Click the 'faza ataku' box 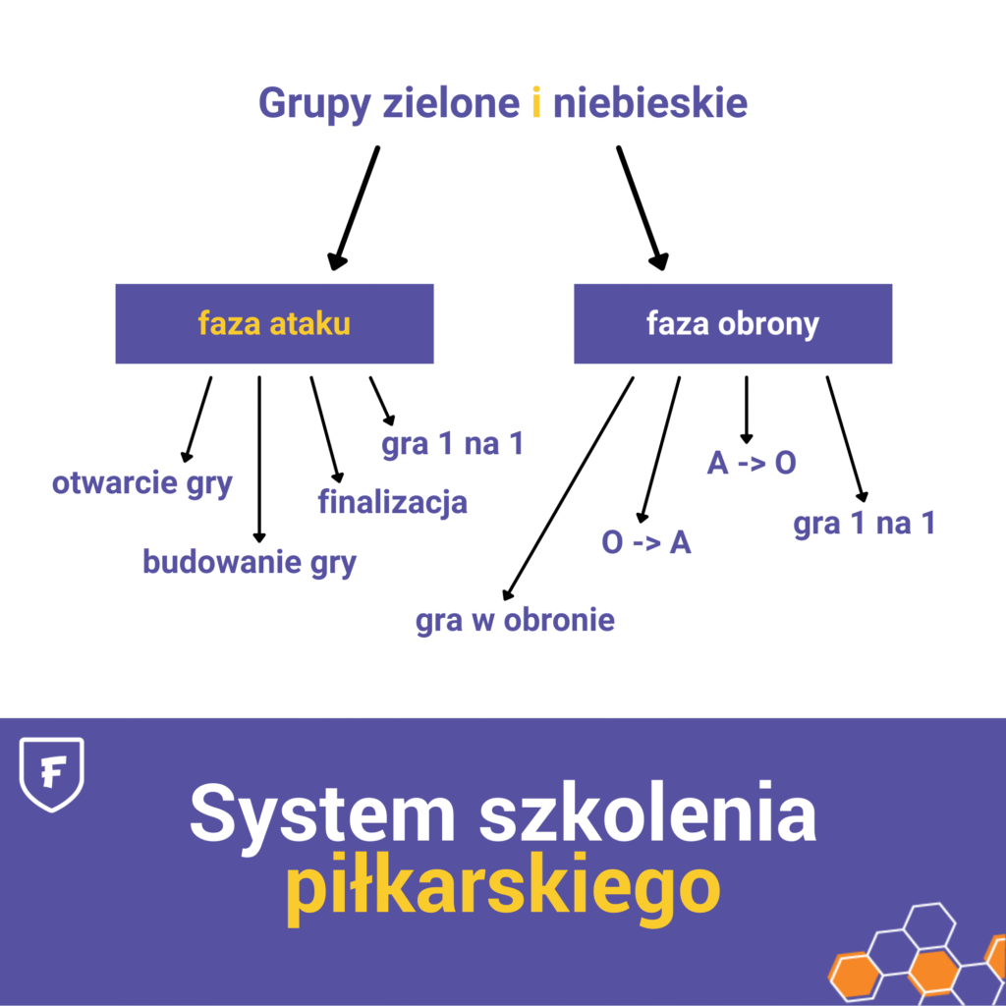pyautogui.click(x=274, y=324)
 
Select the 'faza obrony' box pyautogui.click(x=733, y=324)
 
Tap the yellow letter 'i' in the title pyautogui.click(x=535, y=103)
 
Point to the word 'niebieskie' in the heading pyautogui.click(x=649, y=103)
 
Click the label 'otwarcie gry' pyautogui.click(x=142, y=483)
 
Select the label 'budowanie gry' pyautogui.click(x=250, y=562)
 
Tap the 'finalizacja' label pyautogui.click(x=392, y=502)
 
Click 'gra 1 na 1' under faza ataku pyautogui.click(x=453, y=444)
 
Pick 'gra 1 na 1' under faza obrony pyautogui.click(x=865, y=523)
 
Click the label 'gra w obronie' pyautogui.click(x=516, y=620)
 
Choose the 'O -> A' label pyautogui.click(x=646, y=542)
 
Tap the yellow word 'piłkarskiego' pyautogui.click(x=502, y=888)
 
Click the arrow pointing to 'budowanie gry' pyautogui.click(x=259, y=458)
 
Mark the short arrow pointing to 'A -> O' pyautogui.click(x=747, y=409)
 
